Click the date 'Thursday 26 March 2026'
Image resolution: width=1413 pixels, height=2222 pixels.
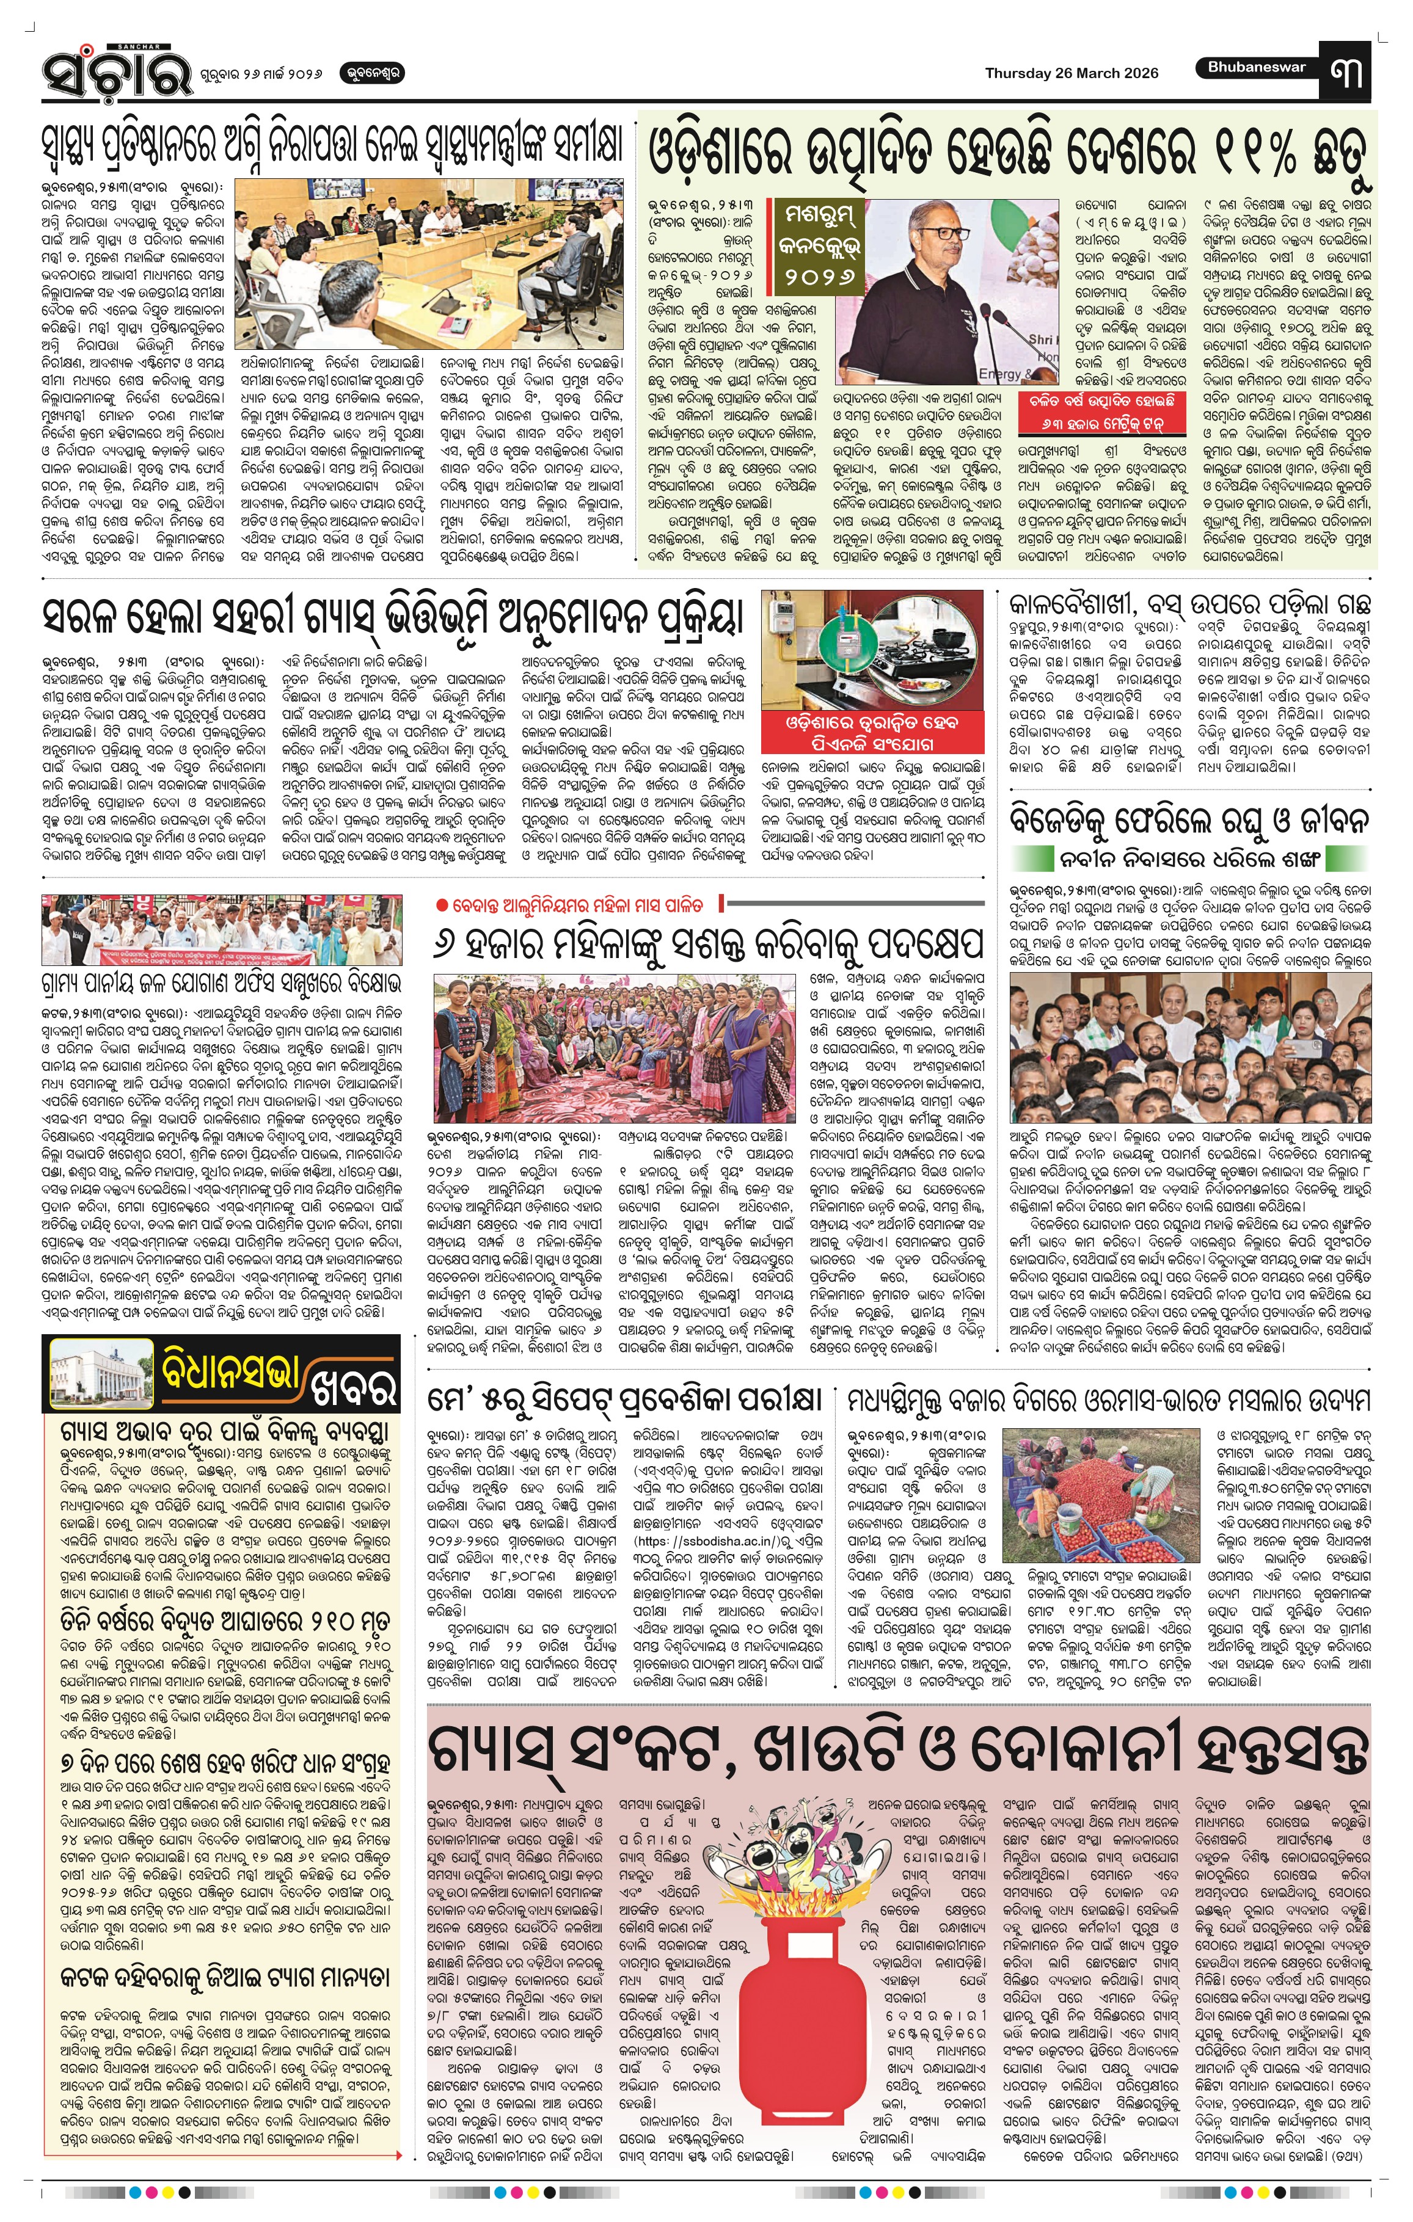point(1071,73)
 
